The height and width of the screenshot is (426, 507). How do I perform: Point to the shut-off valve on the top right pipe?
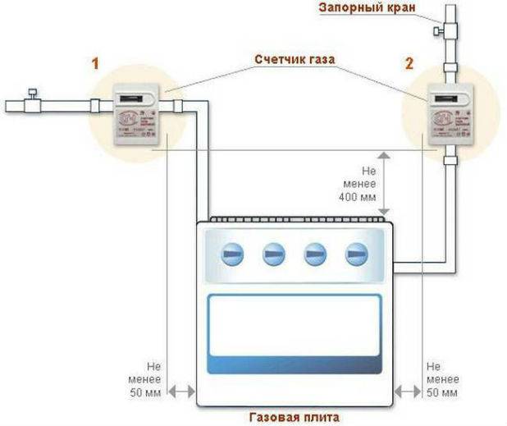pyautogui.click(x=444, y=30)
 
